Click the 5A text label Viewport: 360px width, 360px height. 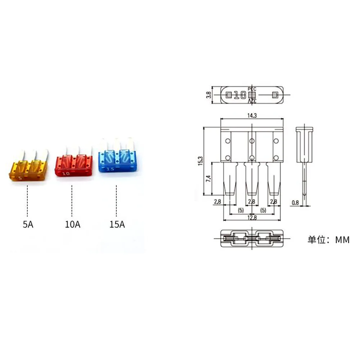pos(28,224)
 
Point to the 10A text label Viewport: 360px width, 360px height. pos(73,224)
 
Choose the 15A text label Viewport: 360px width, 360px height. pos(117,224)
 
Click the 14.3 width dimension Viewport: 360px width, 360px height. pos(252,116)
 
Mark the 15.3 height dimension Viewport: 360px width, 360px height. pos(201,161)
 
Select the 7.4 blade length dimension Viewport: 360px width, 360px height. pos(208,179)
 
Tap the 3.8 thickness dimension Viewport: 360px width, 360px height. pos(208,95)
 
